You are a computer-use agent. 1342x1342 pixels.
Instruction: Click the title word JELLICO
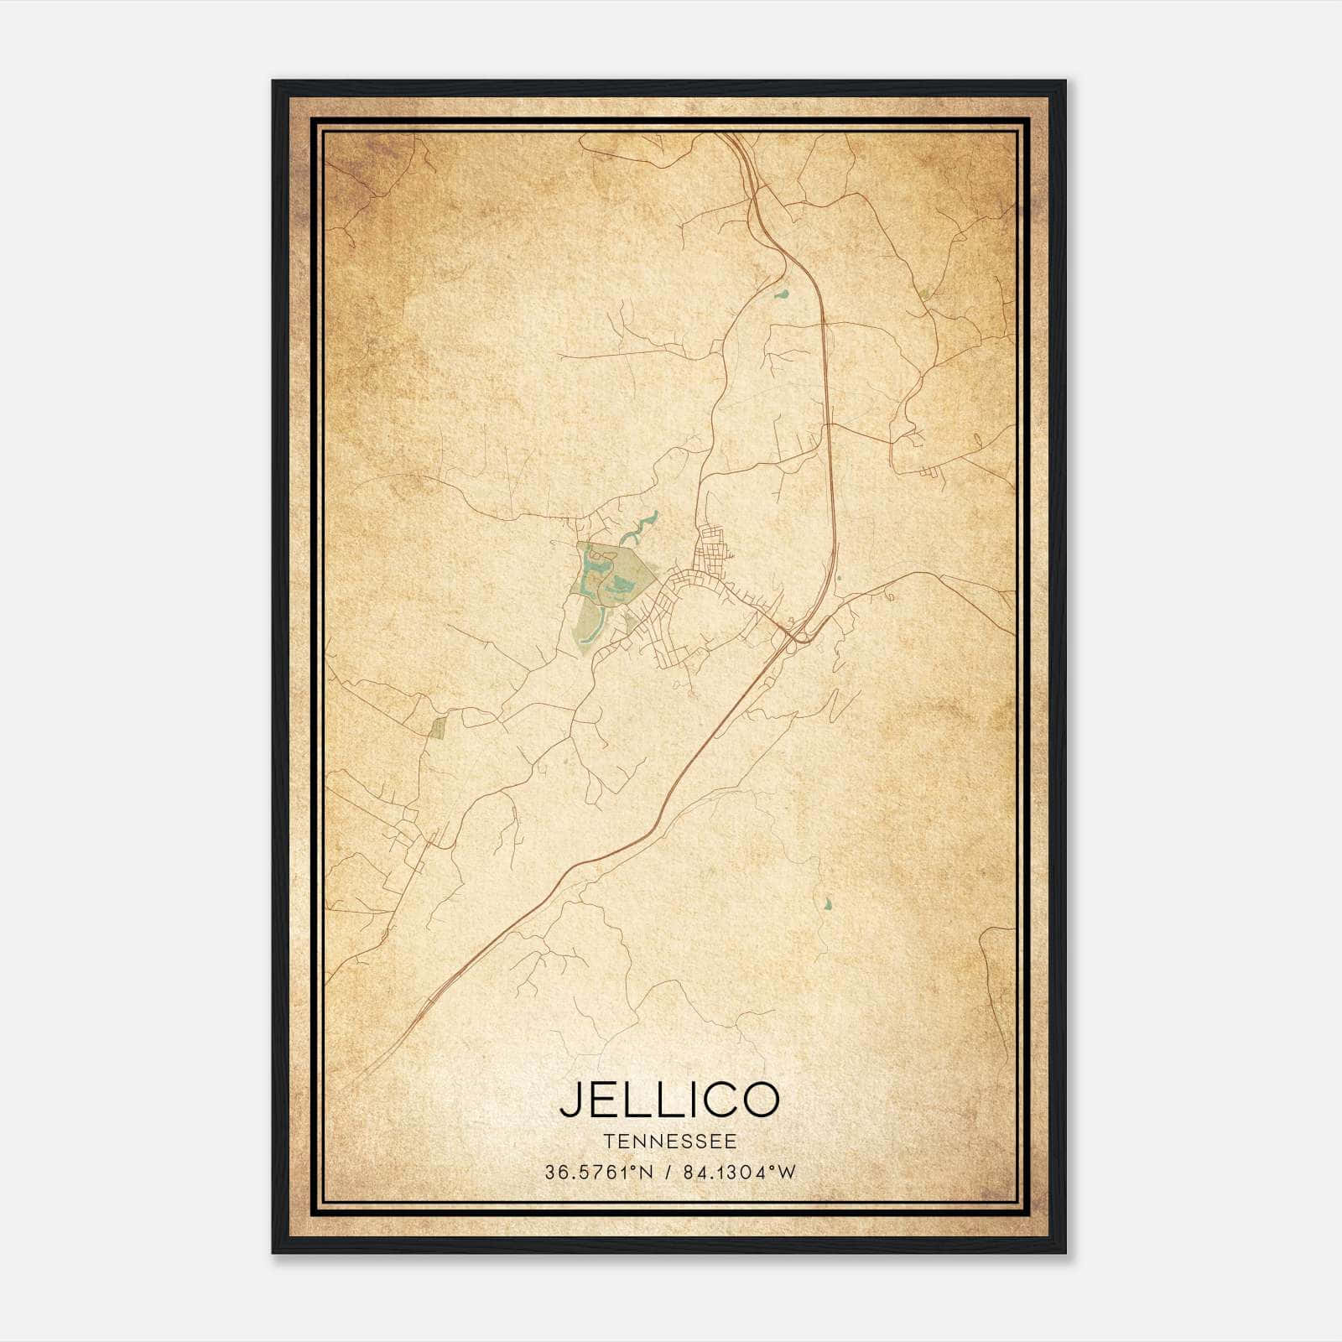(x=669, y=1100)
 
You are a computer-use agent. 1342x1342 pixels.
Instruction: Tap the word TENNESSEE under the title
(x=669, y=1142)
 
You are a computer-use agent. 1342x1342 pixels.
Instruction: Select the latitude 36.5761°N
(x=598, y=1173)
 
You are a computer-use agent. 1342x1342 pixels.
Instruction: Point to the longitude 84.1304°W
(x=738, y=1173)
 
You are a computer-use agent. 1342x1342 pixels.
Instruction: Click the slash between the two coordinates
(x=668, y=1173)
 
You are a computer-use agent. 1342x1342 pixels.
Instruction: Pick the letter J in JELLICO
(x=571, y=1100)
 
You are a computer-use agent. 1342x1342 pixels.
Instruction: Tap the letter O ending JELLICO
(x=758, y=1100)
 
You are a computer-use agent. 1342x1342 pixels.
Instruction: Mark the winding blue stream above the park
(x=641, y=527)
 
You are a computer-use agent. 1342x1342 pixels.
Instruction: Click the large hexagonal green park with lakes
(x=612, y=579)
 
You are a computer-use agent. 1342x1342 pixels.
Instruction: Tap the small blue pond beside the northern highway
(x=782, y=294)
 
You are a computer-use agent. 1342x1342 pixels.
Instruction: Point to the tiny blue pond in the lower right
(x=829, y=904)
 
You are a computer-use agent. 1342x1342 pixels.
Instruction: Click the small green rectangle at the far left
(x=436, y=727)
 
